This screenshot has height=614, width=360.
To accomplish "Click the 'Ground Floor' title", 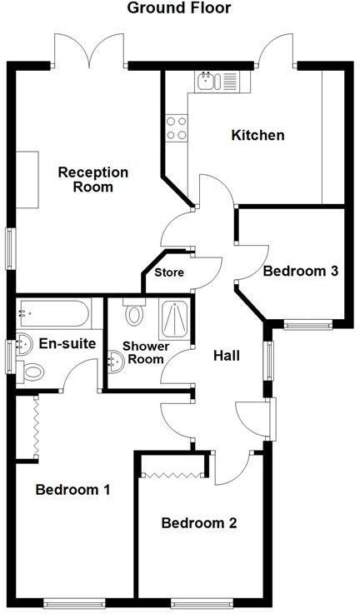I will [x=179, y=8].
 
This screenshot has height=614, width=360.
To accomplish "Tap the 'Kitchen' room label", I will [x=257, y=135].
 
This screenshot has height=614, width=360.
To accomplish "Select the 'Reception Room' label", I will [x=92, y=179].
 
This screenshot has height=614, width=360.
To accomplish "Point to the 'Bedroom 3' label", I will [x=300, y=271].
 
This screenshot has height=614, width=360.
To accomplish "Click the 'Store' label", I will [x=169, y=272].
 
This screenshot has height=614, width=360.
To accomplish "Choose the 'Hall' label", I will [x=226, y=356].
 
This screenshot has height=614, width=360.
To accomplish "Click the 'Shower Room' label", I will [x=146, y=352].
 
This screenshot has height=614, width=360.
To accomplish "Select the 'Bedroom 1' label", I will [x=72, y=490].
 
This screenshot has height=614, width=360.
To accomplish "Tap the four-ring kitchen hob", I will [x=177, y=127].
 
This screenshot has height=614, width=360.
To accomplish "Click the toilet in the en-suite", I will [x=34, y=371].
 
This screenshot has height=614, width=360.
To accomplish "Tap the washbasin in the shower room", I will [x=117, y=360].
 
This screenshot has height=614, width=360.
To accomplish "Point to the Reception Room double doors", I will [x=89, y=52].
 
